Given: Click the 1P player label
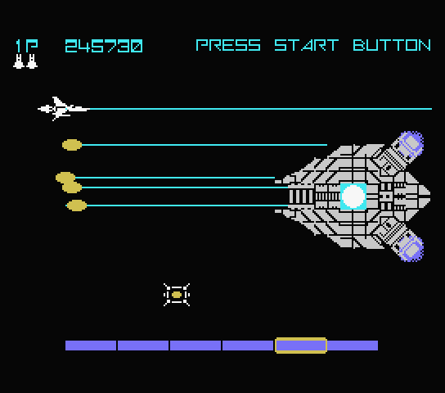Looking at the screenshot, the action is coord(27,46).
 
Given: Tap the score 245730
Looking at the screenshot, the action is coord(104,46).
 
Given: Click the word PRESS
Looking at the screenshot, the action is coord(228,45).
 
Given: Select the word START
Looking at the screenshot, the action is coord(307,45).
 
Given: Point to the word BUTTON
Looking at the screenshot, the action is coord(392,45).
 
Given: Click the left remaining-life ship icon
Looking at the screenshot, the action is coord(19,61).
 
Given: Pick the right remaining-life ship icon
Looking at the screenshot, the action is coord(32,61).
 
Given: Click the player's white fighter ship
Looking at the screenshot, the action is coord(64,109).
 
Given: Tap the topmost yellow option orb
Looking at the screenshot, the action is coord(72,145).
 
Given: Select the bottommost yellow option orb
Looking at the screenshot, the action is coord(76,206).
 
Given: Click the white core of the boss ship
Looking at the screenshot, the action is coord(353,196).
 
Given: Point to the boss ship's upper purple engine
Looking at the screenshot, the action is coord(411,143).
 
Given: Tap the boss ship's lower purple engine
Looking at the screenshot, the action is coord(411,249).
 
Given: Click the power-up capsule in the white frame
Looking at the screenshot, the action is coord(177,295).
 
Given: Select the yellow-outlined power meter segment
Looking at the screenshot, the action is coord(301,346).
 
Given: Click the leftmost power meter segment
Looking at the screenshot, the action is coord(91,346).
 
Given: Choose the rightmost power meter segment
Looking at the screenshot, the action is coord(353,346).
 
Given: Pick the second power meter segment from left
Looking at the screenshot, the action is coord(143,346).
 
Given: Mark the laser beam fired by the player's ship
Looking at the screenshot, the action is coord(261,109).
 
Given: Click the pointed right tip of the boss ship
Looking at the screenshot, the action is coord(429,195).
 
